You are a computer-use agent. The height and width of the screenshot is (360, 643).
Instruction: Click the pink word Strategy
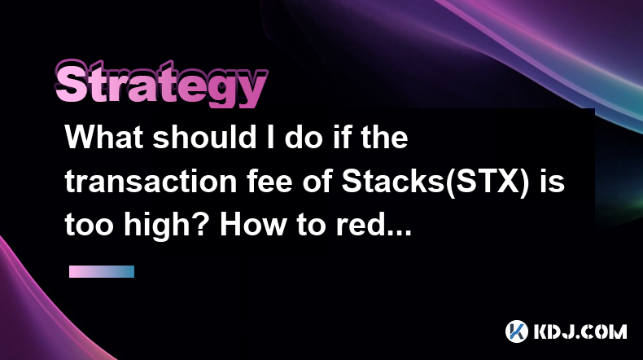tap(161, 84)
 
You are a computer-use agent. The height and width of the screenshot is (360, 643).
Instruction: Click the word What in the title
tap(104, 137)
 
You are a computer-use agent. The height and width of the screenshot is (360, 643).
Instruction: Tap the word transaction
tap(151, 182)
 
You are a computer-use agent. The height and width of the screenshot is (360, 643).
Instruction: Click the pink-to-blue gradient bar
tap(102, 271)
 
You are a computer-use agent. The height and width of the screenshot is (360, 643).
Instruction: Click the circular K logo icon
tap(517, 331)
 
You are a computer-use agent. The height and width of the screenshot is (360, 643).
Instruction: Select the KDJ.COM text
tap(580, 331)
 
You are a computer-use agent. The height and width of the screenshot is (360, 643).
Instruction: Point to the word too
tap(89, 226)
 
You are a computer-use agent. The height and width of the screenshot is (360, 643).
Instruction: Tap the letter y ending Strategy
tap(252, 90)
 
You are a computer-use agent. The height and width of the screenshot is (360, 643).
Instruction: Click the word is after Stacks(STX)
tap(552, 182)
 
